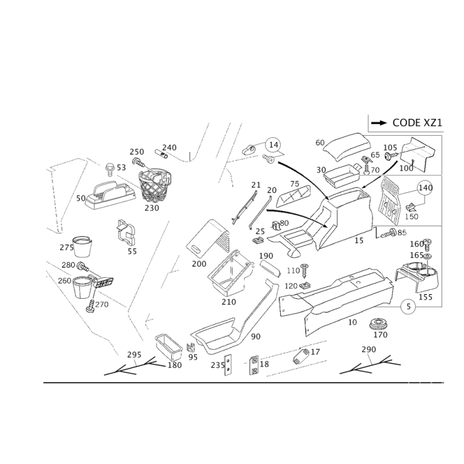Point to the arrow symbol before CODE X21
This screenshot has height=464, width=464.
point(380,124)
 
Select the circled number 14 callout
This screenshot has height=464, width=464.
point(273,142)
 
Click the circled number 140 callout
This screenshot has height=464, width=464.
point(426,187)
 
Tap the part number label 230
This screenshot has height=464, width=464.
point(153,207)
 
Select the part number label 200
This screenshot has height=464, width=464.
point(198,264)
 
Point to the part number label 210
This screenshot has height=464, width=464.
point(229,302)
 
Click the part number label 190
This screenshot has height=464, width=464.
point(266,256)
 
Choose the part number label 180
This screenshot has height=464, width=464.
point(175,365)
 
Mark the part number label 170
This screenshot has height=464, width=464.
point(380,335)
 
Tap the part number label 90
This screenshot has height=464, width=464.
point(256,335)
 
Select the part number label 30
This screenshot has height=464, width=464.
point(321,169)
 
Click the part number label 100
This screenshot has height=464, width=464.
point(408,168)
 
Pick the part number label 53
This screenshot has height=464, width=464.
point(121,167)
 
